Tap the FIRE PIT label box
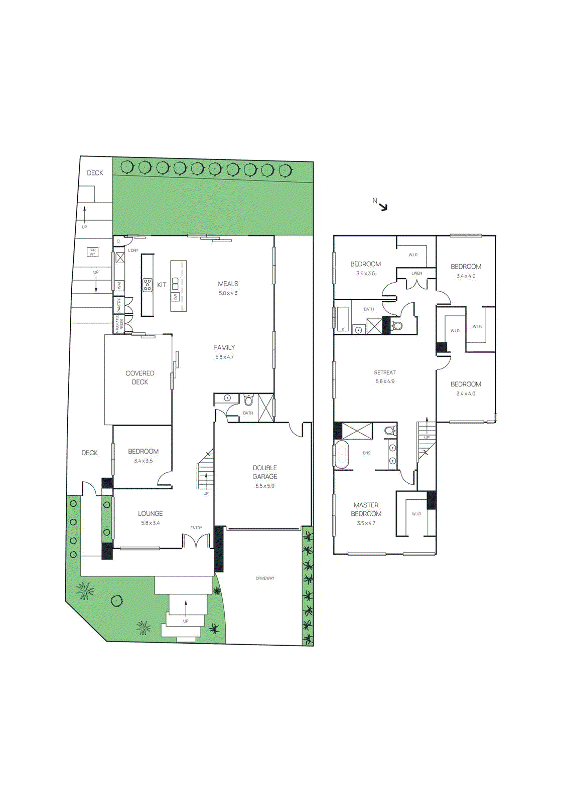92,252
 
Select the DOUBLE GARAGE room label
265,472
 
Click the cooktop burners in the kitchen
147,285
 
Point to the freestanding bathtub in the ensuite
342,455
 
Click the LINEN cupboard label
416,273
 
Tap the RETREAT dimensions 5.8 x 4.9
385,381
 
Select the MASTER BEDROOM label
366,509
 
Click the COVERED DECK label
140,377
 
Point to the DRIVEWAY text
265,578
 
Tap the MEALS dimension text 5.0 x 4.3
228,293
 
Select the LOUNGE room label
151,514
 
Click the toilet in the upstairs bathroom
397,326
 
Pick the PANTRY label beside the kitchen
119,305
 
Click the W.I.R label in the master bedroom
416,514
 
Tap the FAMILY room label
224,347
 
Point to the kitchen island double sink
175,283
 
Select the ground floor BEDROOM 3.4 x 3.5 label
143,452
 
